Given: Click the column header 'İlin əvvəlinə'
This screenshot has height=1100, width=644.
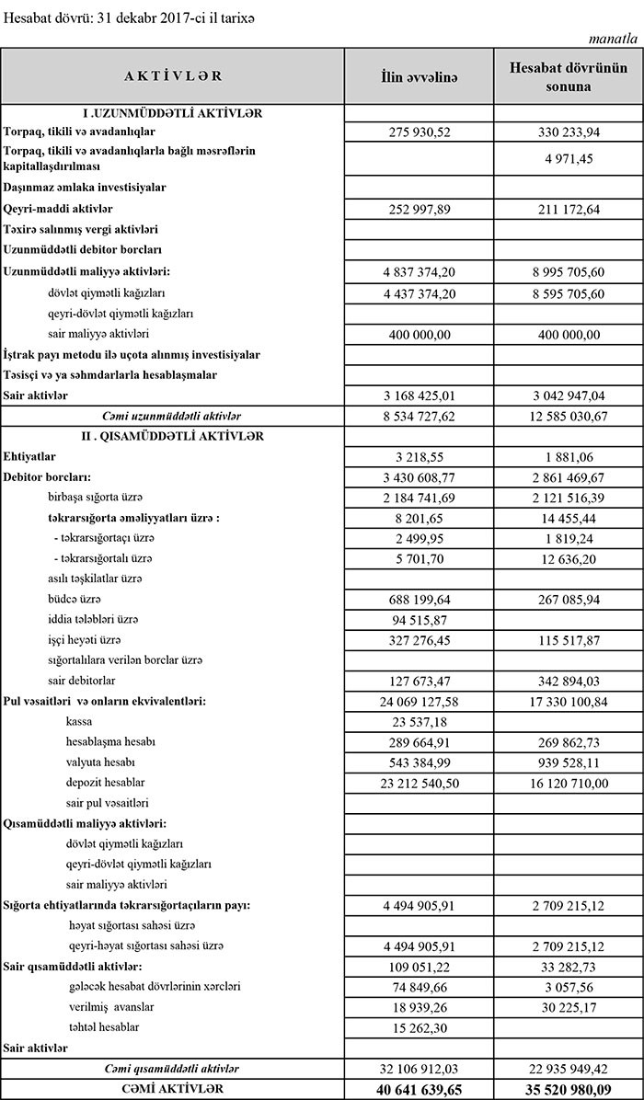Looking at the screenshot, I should click(x=419, y=76).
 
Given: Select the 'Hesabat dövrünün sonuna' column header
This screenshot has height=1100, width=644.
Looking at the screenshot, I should click(x=568, y=76).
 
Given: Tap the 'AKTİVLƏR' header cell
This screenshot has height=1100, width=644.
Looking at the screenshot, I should click(x=173, y=76).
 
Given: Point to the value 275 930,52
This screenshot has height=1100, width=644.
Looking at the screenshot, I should click(x=419, y=132).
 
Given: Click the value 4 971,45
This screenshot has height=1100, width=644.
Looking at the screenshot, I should click(x=568, y=159).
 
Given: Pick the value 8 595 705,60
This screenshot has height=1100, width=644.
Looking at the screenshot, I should click(x=568, y=293).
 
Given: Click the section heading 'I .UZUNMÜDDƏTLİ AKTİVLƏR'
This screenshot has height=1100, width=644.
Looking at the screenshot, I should click(x=173, y=113).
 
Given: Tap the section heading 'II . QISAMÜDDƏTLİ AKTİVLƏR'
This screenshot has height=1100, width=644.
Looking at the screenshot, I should click(x=173, y=435).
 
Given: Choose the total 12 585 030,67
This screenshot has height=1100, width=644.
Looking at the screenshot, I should click(x=568, y=416).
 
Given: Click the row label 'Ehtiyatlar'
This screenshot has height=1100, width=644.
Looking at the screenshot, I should click(x=31, y=456).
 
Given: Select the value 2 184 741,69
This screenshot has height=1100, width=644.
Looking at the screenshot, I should click(x=419, y=497).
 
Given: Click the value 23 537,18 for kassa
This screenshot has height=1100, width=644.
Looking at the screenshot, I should click(x=419, y=721).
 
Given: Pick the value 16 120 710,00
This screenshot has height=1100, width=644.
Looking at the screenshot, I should click(x=568, y=782).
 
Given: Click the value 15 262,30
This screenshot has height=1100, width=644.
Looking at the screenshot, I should click(x=419, y=1026).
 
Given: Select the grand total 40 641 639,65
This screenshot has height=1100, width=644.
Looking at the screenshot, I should click(x=419, y=1089).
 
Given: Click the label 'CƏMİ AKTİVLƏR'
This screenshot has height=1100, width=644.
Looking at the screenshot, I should click(x=173, y=1089).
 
